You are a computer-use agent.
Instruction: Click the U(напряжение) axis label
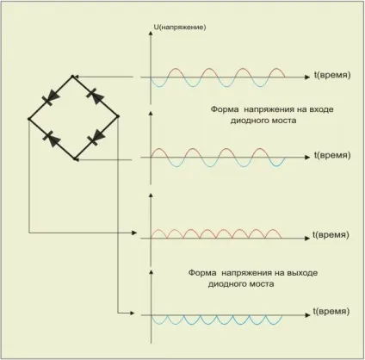[180, 28]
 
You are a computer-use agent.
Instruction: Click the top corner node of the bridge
[73, 77]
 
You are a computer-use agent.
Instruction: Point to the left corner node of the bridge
[28, 119]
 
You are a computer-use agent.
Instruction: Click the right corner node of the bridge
[118, 116]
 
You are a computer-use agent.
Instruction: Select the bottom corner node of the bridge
[75, 158]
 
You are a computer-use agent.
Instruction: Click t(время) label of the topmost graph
[332, 75]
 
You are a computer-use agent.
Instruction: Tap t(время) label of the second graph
[332, 155]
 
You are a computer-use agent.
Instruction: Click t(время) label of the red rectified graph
[331, 235]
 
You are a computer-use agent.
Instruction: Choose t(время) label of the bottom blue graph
[331, 312]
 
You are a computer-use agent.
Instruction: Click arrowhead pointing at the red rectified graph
[134, 233]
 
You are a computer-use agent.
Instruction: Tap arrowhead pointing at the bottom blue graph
[132, 313]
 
